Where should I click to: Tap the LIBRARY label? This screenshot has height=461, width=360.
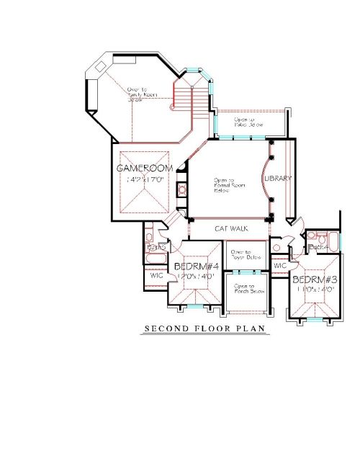click(x=277, y=178)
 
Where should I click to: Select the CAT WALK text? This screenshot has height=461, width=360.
click(x=231, y=228)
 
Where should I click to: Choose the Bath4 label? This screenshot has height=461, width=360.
click(x=318, y=248)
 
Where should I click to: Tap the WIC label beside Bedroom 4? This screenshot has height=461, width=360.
click(x=156, y=275)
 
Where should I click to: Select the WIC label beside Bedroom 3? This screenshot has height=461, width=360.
click(x=280, y=266)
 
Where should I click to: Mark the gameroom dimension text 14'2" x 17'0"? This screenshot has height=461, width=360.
click(x=145, y=179)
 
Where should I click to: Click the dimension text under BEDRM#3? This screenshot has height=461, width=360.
click(x=315, y=289)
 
